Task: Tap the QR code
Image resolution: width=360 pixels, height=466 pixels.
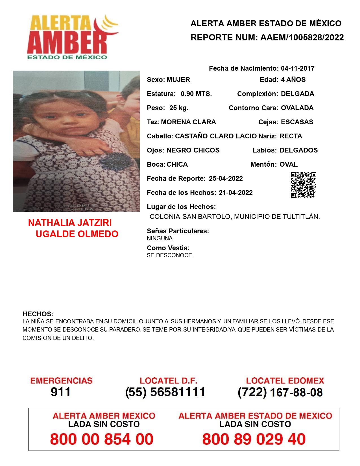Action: click(x=304, y=185)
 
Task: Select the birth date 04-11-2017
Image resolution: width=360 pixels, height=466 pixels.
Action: click(x=298, y=68)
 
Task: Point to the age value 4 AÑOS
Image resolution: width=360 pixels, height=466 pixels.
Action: click(x=293, y=80)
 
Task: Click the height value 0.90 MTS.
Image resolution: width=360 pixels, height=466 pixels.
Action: click(x=196, y=94)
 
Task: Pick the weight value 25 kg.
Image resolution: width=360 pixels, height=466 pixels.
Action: click(x=179, y=108)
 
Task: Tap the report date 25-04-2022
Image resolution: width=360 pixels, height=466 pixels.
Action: click(x=226, y=178)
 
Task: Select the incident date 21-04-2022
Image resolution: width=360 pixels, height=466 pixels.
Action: click(x=236, y=193)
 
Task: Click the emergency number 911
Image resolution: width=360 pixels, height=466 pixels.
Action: click(x=61, y=392)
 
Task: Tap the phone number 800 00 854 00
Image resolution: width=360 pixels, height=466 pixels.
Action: click(x=102, y=439)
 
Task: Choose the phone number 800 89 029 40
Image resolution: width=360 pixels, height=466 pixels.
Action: click(x=254, y=439)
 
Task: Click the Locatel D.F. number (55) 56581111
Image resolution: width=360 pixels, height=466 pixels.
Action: click(x=165, y=392)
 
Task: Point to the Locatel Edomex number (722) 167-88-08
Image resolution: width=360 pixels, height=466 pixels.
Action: click(x=280, y=392)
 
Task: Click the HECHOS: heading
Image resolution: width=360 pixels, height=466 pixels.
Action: click(x=38, y=314)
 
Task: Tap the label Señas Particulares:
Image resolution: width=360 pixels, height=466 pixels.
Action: click(x=178, y=231)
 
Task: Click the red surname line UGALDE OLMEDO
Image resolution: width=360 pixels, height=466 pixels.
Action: click(x=77, y=234)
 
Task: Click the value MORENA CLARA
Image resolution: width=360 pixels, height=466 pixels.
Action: click(x=188, y=122)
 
